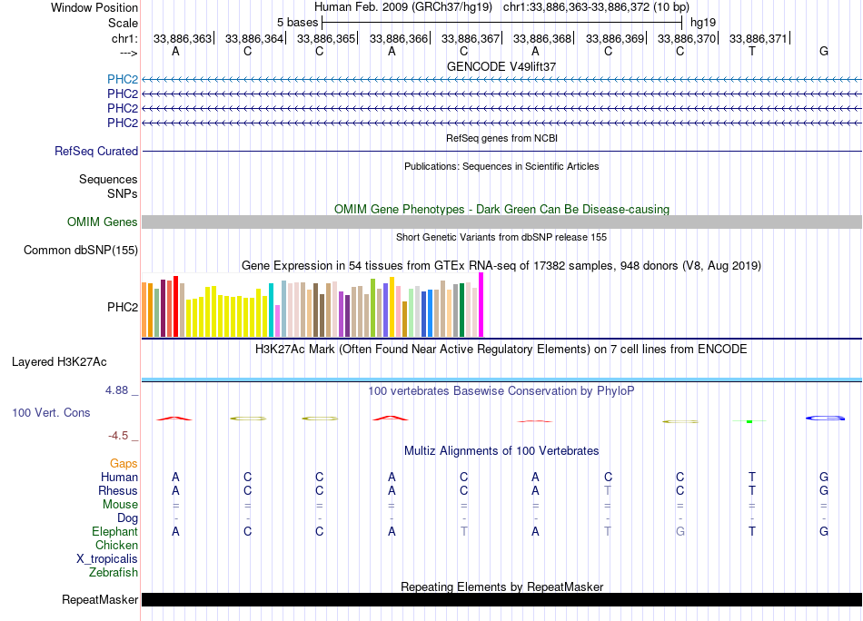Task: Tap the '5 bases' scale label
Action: coord(297,22)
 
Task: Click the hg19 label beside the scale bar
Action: coord(703,22)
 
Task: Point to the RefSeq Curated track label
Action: coord(96,152)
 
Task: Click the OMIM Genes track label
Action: coord(103,222)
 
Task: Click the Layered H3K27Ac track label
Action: coord(59,361)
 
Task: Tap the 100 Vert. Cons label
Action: coord(51,413)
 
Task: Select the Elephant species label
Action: coord(114,532)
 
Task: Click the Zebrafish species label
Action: coord(114,573)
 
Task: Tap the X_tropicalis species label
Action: coord(107,559)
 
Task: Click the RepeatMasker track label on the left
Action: coord(100,600)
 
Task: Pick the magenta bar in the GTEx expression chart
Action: coord(481,305)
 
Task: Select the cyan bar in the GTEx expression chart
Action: coord(271,310)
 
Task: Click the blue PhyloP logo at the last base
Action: coord(824,418)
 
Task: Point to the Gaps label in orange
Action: coord(124,464)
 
